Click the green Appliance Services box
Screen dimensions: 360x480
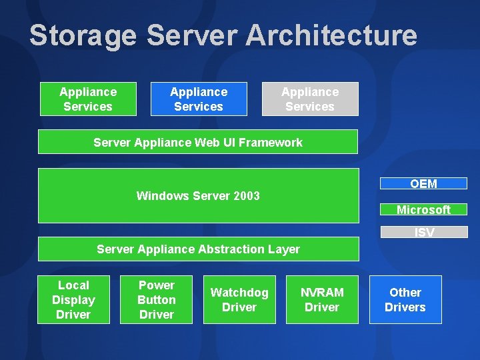88,99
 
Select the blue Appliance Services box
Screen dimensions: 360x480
199,99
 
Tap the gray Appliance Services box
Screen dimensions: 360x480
310,99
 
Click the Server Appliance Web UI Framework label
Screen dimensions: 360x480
198,142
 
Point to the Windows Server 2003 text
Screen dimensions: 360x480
198,196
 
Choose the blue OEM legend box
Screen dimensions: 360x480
423,184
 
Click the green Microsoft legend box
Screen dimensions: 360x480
423,209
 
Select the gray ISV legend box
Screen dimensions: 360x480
424,233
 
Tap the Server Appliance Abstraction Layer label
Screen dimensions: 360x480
198,249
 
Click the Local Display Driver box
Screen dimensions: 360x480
73,300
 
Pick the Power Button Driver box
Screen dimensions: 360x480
156,300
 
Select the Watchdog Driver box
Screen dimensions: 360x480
239,300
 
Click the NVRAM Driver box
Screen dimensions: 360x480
322,300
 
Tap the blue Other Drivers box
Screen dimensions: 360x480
405,300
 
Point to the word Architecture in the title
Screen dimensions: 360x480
331,35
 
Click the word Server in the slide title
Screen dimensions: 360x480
191,35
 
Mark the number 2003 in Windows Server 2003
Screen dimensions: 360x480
247,196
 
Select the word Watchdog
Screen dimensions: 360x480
239,293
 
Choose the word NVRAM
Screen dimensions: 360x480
322,293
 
